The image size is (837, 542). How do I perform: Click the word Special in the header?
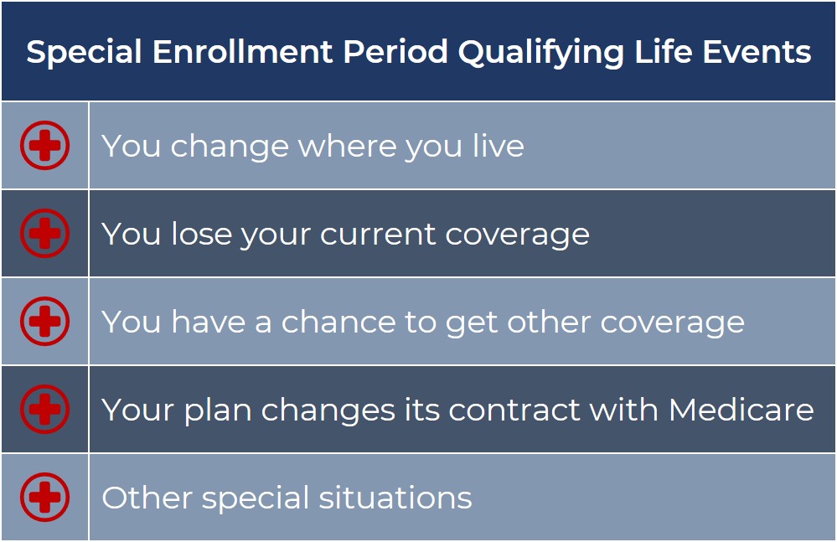[84, 52]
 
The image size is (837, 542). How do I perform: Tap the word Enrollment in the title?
[242, 52]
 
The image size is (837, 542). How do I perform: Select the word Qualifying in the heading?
[540, 53]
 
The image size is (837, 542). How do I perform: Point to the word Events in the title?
[757, 52]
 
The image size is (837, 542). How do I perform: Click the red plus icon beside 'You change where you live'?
[45, 145]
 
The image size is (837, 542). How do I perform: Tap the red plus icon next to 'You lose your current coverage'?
[45, 233]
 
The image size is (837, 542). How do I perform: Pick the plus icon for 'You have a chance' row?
[45, 321]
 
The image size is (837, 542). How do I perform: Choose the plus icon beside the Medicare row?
[45, 409]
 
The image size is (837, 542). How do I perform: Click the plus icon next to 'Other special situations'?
[45, 498]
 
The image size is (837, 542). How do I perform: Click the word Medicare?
[741, 410]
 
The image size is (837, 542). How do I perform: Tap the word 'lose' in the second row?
[202, 234]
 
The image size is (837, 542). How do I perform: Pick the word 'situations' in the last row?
[395, 498]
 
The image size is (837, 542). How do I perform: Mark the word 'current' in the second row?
[378, 235]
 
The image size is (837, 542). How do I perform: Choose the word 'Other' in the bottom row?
[147, 498]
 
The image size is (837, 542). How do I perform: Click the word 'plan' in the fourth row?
[218, 410]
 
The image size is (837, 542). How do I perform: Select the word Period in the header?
[395, 52]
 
